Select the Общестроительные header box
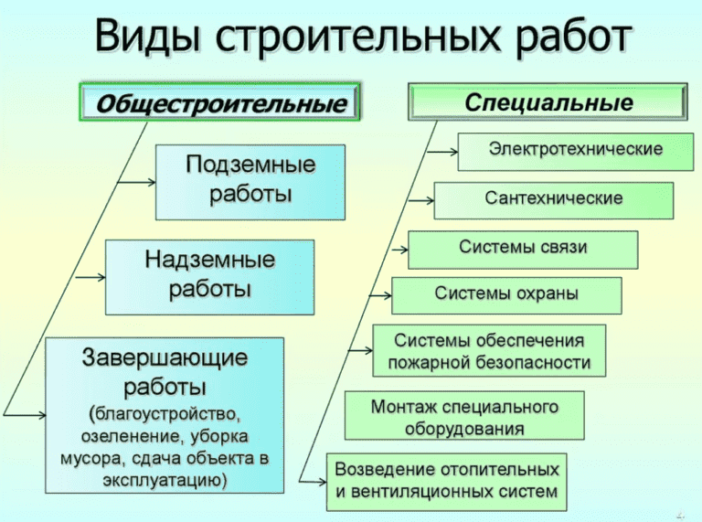point(222,103)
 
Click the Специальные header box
point(547,101)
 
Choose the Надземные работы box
point(209,275)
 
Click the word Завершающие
point(165,357)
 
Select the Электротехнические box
point(575,149)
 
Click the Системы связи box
point(523,248)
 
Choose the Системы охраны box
point(506,294)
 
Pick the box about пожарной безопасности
point(489,350)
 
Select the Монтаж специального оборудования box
point(464,416)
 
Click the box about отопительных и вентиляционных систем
point(446,480)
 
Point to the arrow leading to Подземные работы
point(137,182)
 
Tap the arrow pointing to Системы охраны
point(378,295)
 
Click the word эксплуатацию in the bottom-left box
point(165,479)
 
